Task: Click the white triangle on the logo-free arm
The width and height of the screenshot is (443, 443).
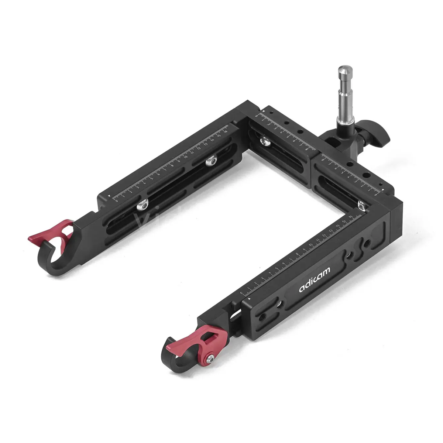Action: click(109, 197)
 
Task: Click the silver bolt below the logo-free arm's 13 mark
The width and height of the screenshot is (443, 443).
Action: click(211, 161)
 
